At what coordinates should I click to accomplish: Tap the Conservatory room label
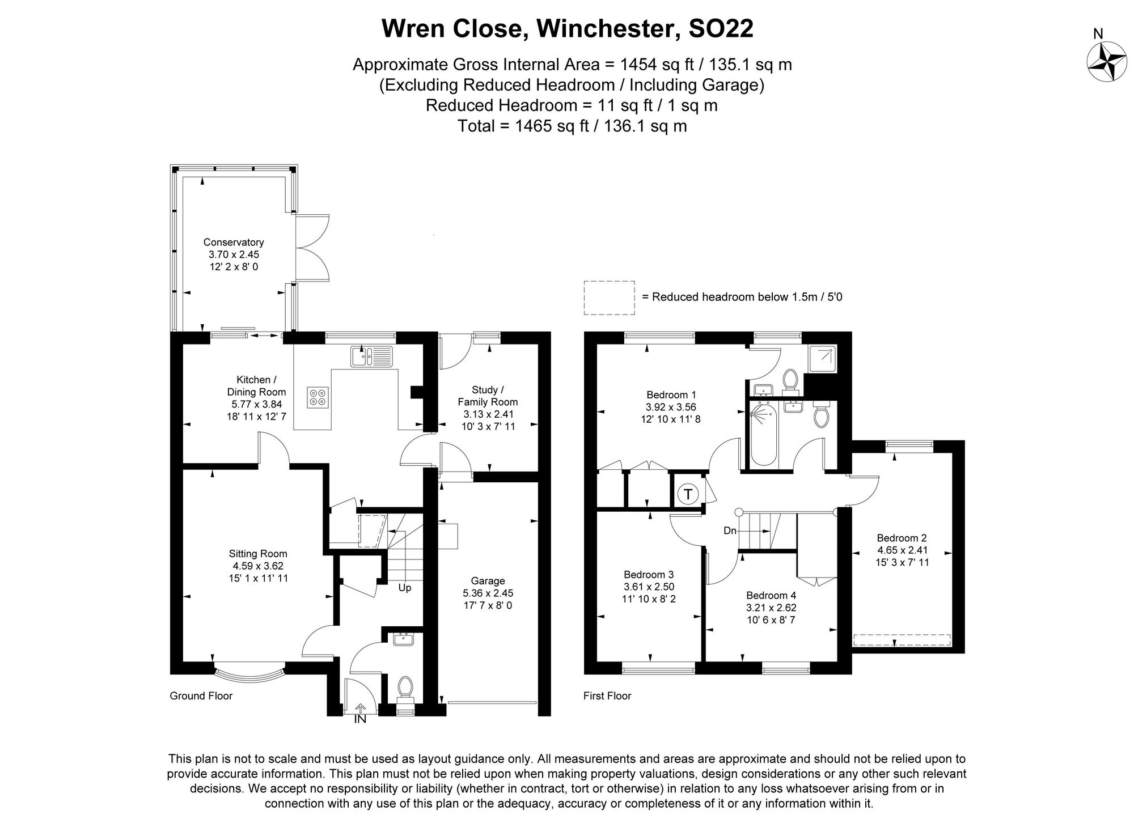234,243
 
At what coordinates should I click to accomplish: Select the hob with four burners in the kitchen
318,397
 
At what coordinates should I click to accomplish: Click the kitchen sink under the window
371,357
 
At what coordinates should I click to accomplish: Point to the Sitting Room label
258,554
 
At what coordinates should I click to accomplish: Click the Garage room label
488,581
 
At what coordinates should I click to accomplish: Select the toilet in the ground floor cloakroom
405,688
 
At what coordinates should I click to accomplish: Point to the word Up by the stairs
404,588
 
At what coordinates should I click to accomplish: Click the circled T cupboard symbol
688,494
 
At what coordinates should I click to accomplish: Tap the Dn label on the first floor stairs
730,531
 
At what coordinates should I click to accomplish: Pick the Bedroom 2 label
902,538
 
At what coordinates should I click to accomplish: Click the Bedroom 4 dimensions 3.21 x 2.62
771,608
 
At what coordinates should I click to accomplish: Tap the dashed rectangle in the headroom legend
609,298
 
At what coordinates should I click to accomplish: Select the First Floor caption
607,696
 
